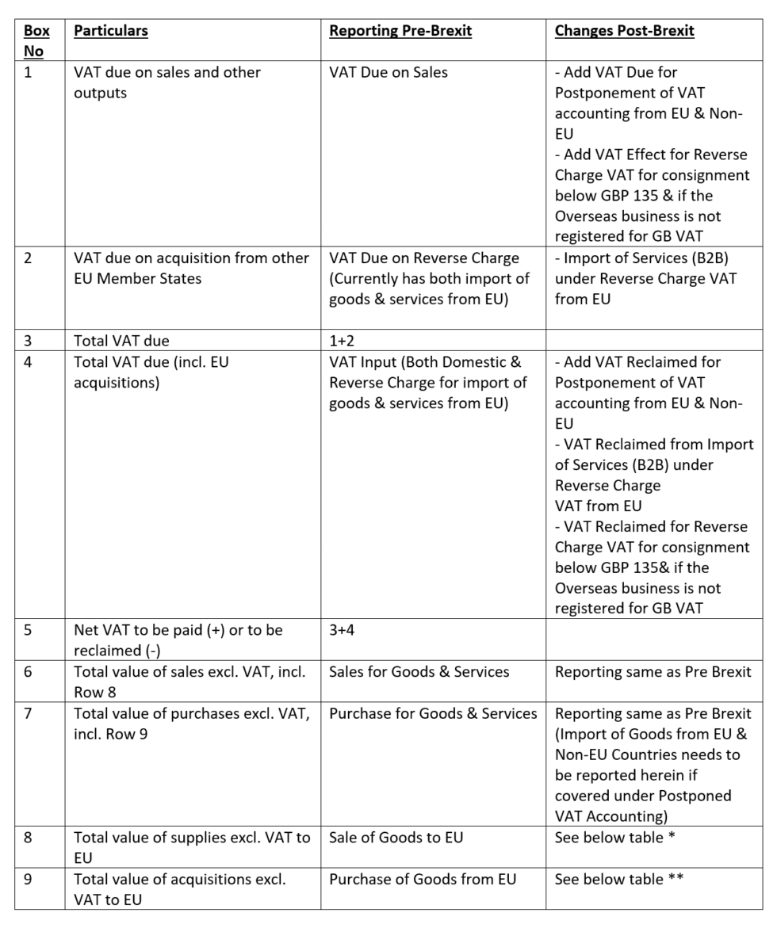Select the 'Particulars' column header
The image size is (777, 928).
point(110,31)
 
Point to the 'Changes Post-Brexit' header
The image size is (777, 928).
point(625,31)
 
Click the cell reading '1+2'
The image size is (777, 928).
point(343,341)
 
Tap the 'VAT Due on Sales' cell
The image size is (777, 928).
point(388,72)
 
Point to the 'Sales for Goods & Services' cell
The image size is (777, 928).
point(419,672)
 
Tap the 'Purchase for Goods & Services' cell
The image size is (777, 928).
point(433,713)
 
